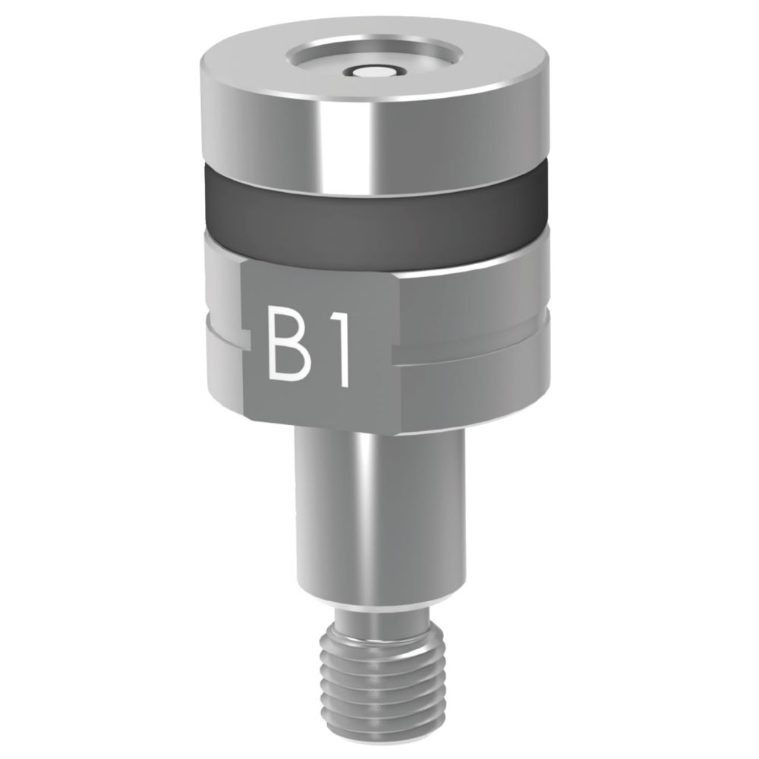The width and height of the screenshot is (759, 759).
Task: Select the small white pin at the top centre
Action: (x=373, y=72)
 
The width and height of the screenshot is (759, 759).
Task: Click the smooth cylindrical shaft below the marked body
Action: (x=379, y=516)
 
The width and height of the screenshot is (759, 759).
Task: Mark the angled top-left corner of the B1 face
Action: (x=247, y=266)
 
